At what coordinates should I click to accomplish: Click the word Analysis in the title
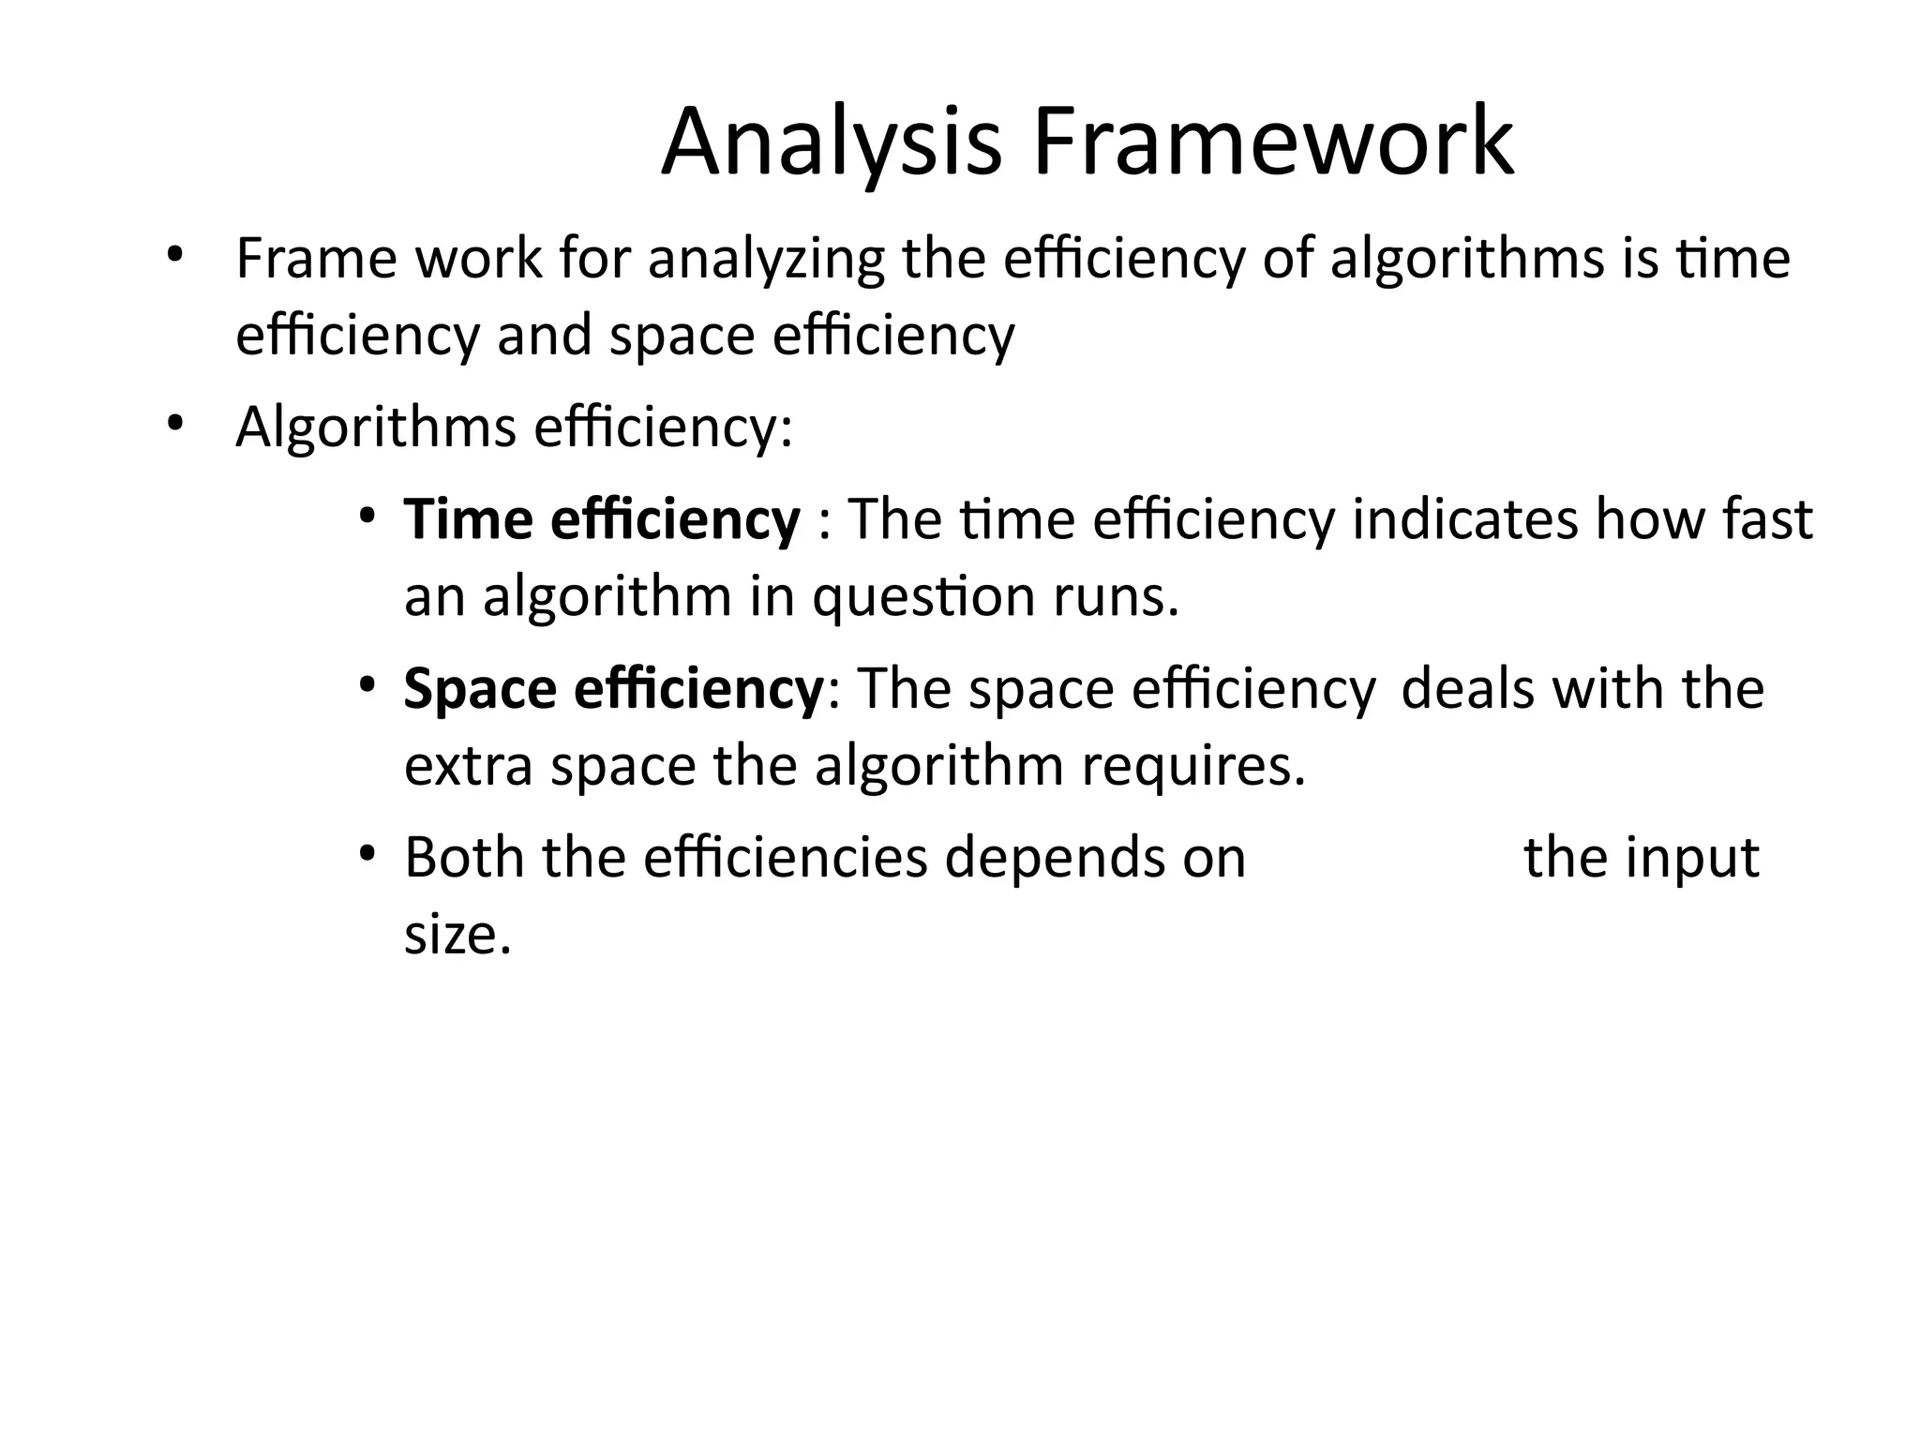click(x=831, y=143)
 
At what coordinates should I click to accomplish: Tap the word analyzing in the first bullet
click(x=766, y=259)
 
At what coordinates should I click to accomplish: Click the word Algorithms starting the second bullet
click(x=376, y=427)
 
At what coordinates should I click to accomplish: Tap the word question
click(x=923, y=597)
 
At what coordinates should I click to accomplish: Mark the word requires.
click(x=1193, y=766)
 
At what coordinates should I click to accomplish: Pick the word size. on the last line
click(x=457, y=935)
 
